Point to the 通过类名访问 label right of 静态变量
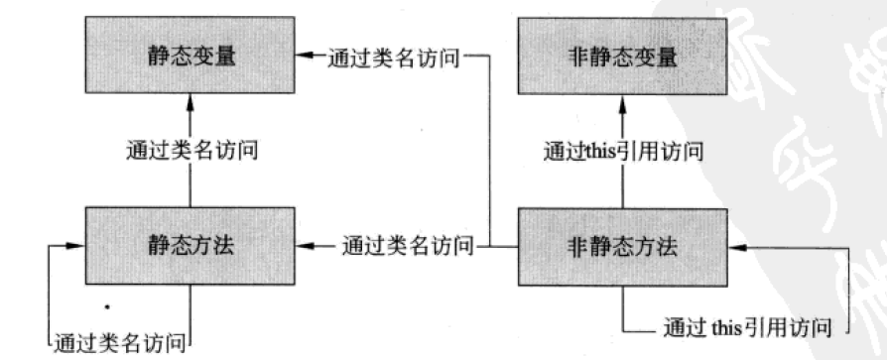click(x=394, y=58)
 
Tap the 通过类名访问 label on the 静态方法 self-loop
click(x=120, y=343)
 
